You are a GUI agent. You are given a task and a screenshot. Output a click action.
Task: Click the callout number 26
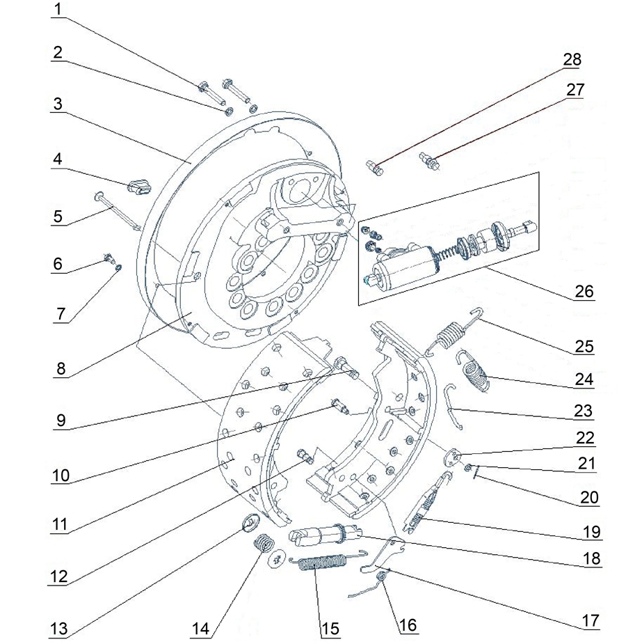point(584,291)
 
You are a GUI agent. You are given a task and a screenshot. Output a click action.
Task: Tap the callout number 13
point(58,629)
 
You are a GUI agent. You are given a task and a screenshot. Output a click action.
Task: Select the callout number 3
point(58,104)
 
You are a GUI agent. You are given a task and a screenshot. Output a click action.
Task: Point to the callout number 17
point(591,620)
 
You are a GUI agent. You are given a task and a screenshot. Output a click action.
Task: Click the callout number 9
point(61,421)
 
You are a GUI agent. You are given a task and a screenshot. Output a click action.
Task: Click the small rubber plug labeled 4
point(140,187)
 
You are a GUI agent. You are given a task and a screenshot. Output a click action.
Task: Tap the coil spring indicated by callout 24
point(474,372)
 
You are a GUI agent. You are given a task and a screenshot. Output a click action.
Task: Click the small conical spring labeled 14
point(263,544)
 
